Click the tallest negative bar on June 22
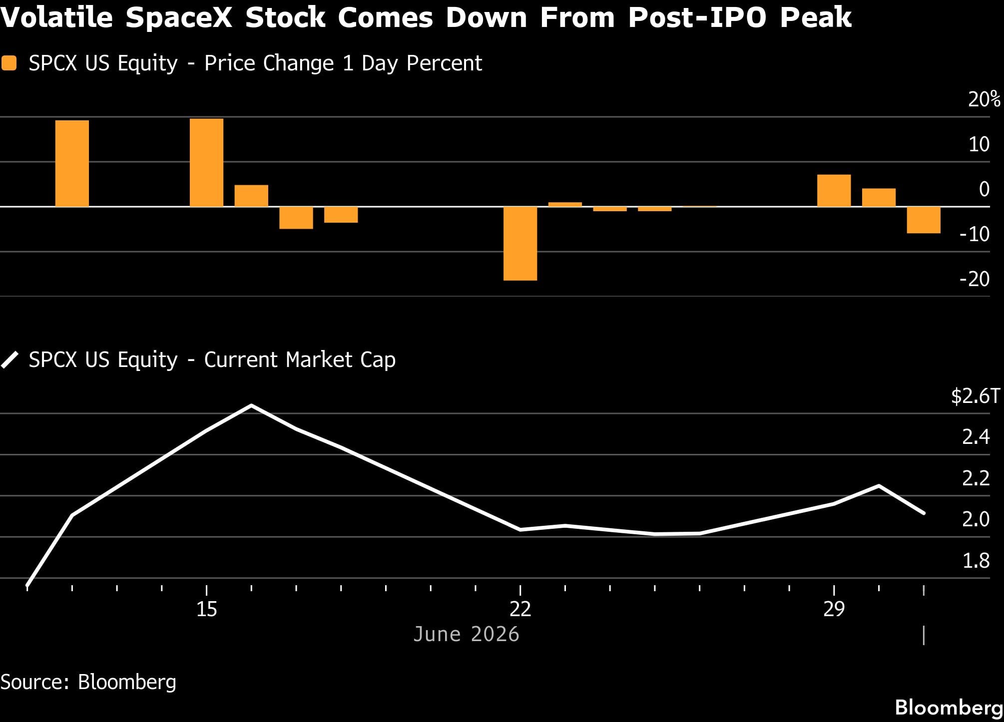point(520,243)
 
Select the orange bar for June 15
point(206,162)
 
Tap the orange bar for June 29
point(834,190)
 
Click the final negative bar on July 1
point(924,220)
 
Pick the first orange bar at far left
point(72,163)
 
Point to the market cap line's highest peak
point(251,405)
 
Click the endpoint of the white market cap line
point(924,513)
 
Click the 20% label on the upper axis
point(984,99)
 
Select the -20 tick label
point(974,279)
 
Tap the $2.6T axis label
point(976,396)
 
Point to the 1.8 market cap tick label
point(976,561)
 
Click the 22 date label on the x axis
point(520,609)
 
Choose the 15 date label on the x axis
point(206,609)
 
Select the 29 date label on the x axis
point(834,609)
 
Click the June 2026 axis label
point(466,634)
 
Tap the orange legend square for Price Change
point(9,63)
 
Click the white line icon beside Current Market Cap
point(9,360)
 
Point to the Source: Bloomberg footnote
point(88,682)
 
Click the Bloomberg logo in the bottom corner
point(949,708)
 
